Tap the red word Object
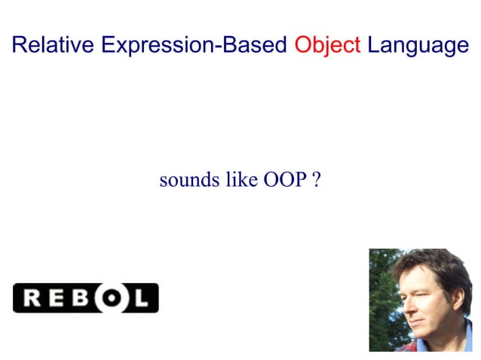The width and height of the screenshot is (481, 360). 327,45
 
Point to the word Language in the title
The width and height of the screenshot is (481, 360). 418,45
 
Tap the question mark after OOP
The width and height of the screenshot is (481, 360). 317,181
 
